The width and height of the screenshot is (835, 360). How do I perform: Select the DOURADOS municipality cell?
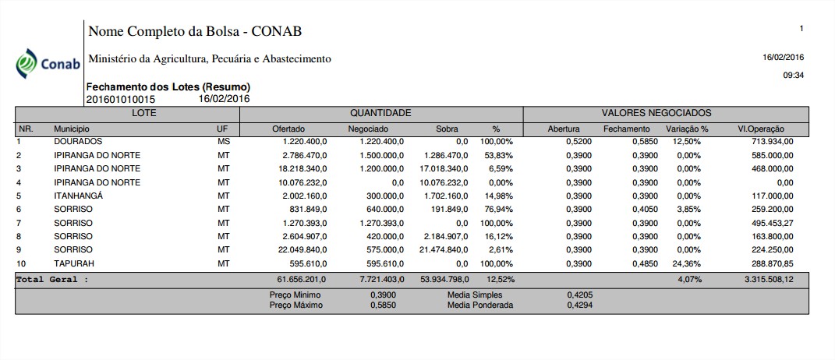78,142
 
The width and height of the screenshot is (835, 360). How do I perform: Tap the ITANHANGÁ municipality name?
79,196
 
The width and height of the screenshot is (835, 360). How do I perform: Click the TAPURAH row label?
73,263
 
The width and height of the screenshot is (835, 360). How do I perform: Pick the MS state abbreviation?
224,142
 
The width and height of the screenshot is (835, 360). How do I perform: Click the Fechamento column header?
625,129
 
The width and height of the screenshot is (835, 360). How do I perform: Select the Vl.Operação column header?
761,129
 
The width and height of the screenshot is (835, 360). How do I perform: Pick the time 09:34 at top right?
793,76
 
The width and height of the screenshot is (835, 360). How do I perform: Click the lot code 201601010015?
121,99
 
